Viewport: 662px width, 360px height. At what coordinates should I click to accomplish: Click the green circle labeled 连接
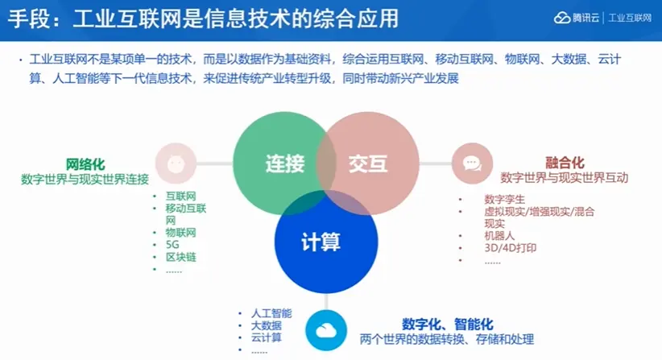point(278,164)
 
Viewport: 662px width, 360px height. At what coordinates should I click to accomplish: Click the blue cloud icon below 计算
point(326,330)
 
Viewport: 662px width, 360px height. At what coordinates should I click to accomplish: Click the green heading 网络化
point(85,163)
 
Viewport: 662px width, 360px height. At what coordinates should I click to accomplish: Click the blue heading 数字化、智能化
point(447,324)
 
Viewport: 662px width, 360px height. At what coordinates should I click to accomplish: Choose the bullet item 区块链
point(181,257)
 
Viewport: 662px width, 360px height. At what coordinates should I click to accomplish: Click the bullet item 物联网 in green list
point(181,233)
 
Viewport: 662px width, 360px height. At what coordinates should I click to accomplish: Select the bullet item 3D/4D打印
point(511,248)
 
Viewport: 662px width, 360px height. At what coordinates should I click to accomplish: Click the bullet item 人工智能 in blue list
point(271,312)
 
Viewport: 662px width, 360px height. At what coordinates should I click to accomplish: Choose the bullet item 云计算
point(267,338)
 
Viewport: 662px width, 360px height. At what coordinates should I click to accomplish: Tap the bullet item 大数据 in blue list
point(267,325)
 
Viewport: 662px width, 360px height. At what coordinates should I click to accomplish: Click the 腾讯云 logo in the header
point(577,18)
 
